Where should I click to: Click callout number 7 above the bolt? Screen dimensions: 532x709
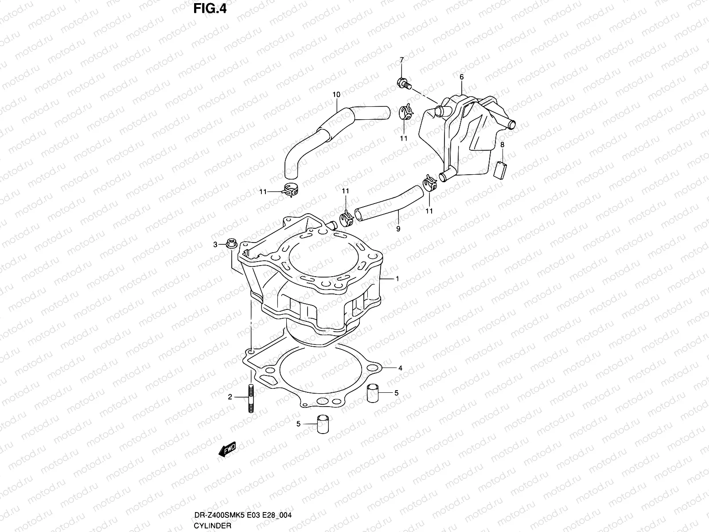tap(401, 60)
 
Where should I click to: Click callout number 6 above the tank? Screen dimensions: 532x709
tap(461, 77)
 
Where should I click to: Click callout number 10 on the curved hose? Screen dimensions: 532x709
tap(336, 94)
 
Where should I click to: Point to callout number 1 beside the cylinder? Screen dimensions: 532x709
tap(397, 279)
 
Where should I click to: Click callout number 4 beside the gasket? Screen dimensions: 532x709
tap(400, 368)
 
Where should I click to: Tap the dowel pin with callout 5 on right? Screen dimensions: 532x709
tap(373, 393)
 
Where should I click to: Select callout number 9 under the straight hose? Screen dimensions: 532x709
tap(398, 229)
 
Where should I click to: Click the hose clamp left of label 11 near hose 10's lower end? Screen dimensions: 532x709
tap(288, 191)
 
